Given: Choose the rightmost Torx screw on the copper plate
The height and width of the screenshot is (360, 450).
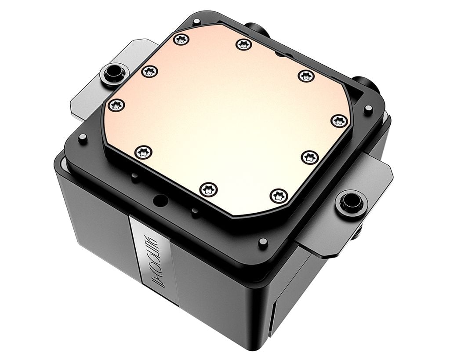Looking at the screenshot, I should tap(339, 121).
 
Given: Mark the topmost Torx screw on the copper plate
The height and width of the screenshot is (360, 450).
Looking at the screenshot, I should tap(180, 40).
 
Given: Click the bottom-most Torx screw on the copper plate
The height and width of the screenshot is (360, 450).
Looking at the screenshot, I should tap(208, 190).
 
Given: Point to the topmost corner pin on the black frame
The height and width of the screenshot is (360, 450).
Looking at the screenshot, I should tap(196, 21).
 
